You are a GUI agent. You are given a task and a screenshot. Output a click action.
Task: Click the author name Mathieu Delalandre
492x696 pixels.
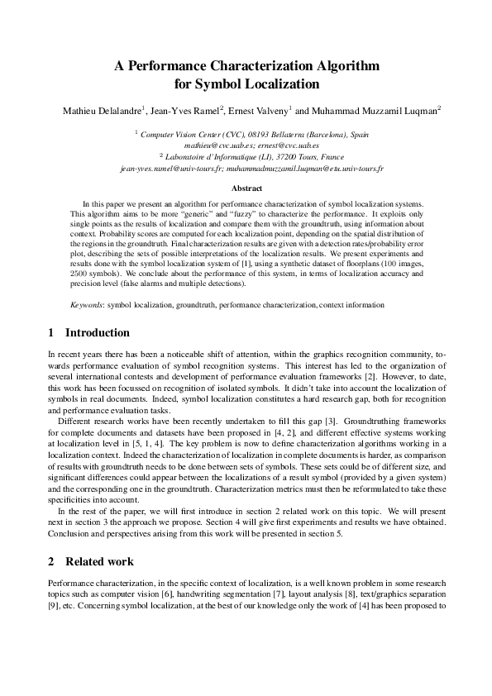pyautogui.click(x=103, y=109)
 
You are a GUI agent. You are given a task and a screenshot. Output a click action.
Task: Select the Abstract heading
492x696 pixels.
pyautogui.click(x=246, y=188)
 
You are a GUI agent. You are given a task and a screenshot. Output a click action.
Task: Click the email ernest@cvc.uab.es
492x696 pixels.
pyautogui.click(x=294, y=144)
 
